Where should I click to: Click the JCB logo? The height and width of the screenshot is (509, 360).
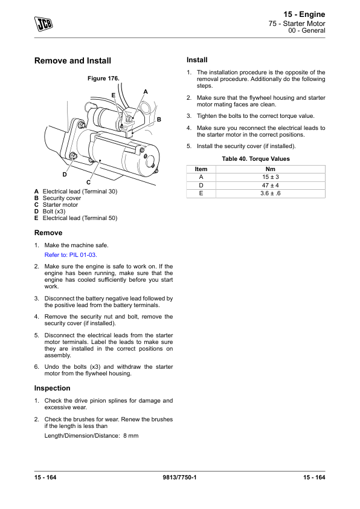pos(43,24)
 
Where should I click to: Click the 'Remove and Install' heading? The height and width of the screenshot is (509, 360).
pos(72,60)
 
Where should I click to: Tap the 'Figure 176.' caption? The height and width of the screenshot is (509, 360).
pos(103,78)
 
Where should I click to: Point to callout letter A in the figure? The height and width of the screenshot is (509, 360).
pos(146,92)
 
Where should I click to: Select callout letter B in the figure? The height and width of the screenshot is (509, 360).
pos(159,120)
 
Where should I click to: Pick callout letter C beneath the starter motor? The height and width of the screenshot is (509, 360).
pos(88,183)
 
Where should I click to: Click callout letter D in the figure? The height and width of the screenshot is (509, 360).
pos(65,175)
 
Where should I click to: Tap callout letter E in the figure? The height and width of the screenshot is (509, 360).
pos(113,95)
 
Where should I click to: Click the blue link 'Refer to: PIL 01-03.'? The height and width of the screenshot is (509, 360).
pos(71,255)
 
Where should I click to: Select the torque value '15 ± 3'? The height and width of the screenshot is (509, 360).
pos(271,177)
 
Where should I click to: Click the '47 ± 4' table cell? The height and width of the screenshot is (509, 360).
pos(271,186)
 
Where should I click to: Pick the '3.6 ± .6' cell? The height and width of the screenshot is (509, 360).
pos(271,193)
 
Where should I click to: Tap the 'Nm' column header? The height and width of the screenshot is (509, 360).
pos(271,169)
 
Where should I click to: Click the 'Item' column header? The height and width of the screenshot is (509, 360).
pos(201,169)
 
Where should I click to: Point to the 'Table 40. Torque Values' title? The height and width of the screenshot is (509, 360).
pos(256,159)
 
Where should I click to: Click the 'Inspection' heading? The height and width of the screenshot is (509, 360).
pos(52,388)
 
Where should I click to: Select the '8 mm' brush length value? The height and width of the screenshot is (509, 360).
pos(130,436)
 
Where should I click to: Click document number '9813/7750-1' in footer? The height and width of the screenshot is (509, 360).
pos(179,477)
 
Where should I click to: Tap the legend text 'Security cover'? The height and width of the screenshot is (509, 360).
pos(62,198)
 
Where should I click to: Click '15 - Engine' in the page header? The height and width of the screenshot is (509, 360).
pos(304,15)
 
